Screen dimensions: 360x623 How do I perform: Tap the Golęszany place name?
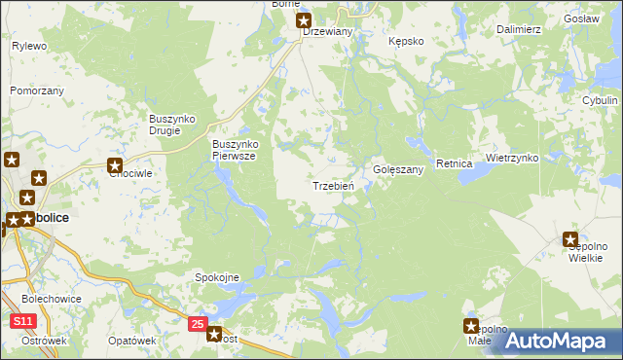coord(398,169)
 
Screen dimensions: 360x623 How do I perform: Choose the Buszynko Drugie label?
coord(172,125)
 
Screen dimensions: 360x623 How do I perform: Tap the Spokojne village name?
coord(218,277)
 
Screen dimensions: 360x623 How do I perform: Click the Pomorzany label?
coord(37,90)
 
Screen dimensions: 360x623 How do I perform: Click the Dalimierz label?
coord(518,29)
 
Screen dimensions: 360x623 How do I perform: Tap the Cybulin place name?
coord(600,100)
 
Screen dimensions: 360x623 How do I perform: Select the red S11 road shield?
coord(23,320)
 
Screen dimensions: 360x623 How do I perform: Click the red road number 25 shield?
coord(199,323)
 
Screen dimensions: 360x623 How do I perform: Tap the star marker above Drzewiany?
coord(304,19)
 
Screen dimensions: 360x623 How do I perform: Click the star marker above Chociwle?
coord(115,165)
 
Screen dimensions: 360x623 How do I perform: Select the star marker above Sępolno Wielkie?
coord(571,238)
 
